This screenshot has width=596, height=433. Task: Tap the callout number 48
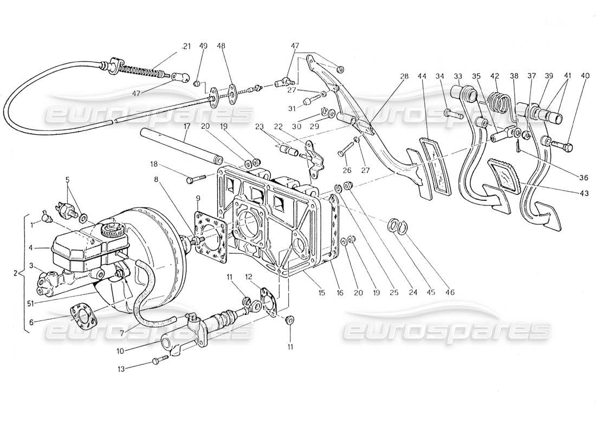point(221,47)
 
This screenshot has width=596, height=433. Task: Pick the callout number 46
point(449,292)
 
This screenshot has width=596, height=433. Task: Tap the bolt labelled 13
point(160,360)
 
